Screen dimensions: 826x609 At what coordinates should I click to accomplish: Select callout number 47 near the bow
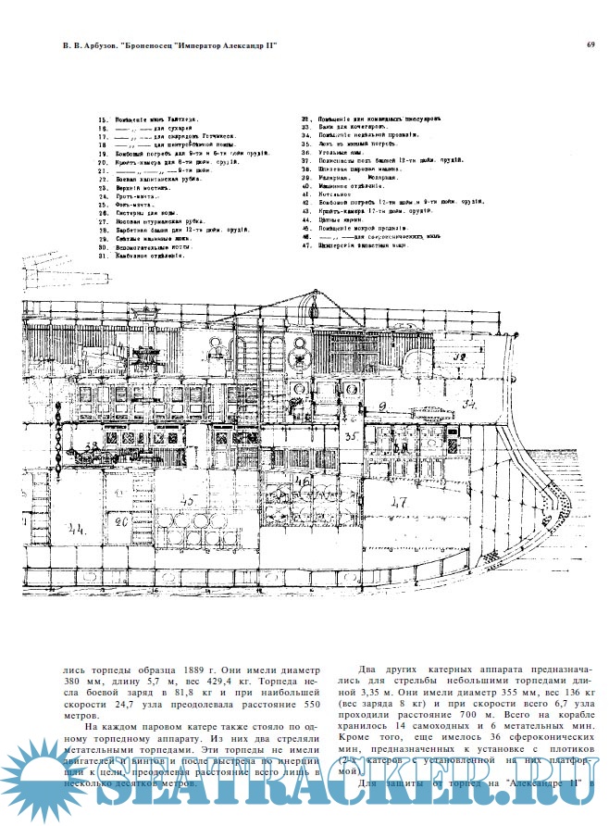[399, 503]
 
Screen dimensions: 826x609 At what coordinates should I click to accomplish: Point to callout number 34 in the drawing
[470, 404]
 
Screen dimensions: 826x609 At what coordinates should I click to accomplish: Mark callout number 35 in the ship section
[351, 434]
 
